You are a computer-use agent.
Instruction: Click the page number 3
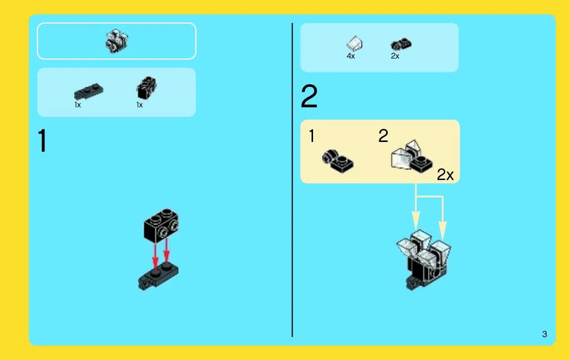click(x=544, y=334)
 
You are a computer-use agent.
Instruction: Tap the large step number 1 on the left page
click(x=42, y=140)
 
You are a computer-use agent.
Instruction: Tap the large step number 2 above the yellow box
click(x=309, y=97)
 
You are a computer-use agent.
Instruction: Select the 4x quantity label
click(x=351, y=56)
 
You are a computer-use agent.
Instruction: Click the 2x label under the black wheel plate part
click(x=395, y=56)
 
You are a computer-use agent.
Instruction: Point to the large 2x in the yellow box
click(x=445, y=175)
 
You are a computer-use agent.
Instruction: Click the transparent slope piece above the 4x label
click(x=354, y=44)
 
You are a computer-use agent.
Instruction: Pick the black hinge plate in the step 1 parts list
click(x=88, y=92)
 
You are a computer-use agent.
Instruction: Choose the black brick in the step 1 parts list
click(x=146, y=88)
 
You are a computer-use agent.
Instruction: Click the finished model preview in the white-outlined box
click(x=117, y=41)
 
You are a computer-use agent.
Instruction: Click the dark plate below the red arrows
click(x=158, y=276)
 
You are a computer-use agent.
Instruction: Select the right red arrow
click(x=166, y=250)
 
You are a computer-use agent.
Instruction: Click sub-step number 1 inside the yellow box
click(x=312, y=136)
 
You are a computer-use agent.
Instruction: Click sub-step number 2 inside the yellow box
click(x=383, y=136)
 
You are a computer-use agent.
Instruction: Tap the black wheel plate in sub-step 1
click(x=338, y=160)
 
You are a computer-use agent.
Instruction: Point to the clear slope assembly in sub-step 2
click(x=412, y=156)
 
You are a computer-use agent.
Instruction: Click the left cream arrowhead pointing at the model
click(x=416, y=220)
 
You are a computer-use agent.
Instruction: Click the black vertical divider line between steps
click(x=292, y=180)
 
